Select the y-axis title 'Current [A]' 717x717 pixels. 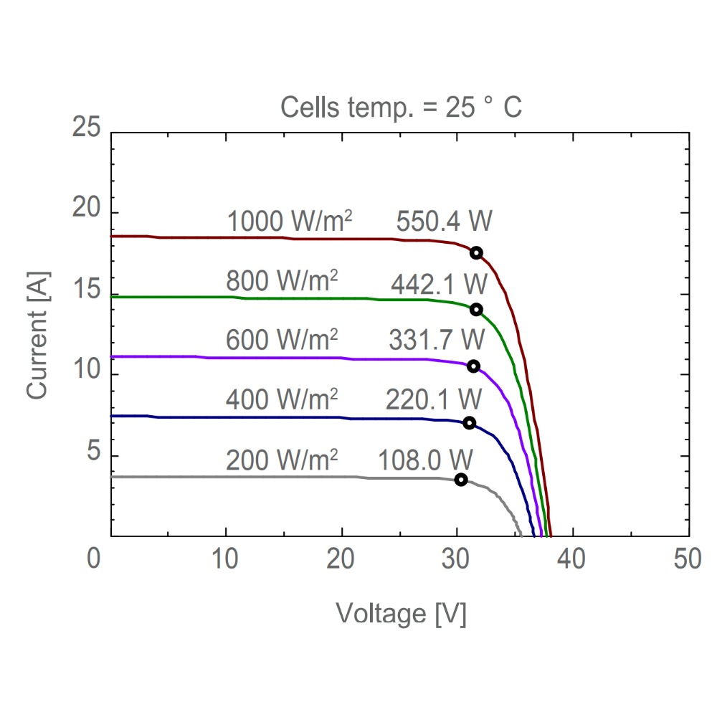[x=37, y=335]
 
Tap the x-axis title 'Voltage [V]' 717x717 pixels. [x=402, y=613]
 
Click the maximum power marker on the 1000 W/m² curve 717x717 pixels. [x=476, y=252]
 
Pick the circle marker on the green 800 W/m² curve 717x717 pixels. [x=476, y=309]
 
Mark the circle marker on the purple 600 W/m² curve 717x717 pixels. [x=473, y=366]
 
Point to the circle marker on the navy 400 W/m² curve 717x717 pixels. [x=469, y=423]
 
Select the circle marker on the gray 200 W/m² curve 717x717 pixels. [x=461, y=479]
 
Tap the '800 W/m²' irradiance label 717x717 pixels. [x=282, y=280]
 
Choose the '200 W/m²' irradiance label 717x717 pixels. [x=282, y=460]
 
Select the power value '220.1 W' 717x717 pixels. [x=434, y=398]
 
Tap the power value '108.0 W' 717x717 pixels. [x=422, y=460]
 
